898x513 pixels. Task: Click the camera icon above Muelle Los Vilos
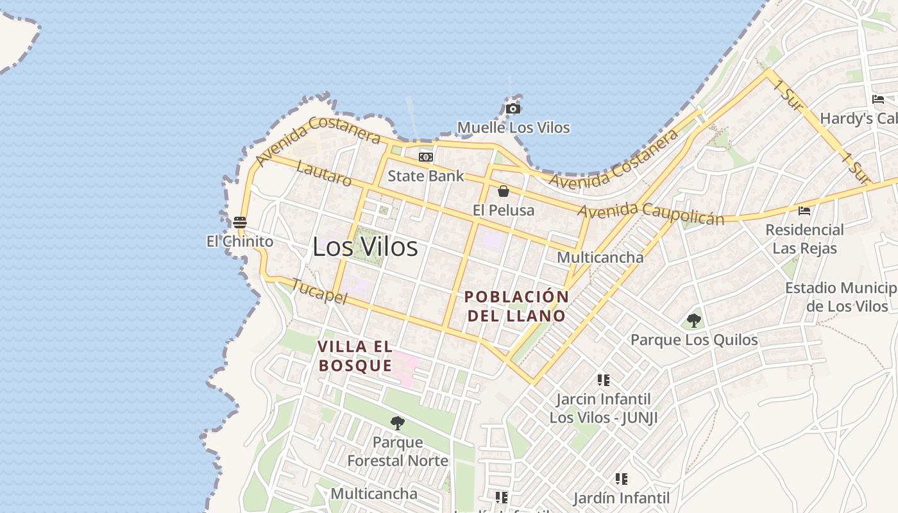pos(513,109)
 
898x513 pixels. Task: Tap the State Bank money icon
pos(425,157)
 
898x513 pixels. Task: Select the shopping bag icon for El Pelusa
pos(504,191)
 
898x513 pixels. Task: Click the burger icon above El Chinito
pos(240,223)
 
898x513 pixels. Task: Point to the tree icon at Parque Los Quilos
pos(693,320)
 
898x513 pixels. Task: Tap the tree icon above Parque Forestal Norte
pos(398,423)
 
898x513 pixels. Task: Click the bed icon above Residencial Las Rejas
pos(804,210)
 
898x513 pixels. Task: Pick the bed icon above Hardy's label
pos(878,99)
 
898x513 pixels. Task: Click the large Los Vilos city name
pos(365,247)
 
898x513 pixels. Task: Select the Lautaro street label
pos(325,174)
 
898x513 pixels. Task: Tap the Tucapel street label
pos(319,291)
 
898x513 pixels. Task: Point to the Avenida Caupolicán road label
pos(651,214)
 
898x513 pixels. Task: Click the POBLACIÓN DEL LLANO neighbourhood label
pos(516,306)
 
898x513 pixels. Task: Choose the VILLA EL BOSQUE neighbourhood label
pos(355,356)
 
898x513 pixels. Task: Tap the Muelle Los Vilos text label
pos(513,128)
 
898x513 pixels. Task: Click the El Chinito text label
pos(240,241)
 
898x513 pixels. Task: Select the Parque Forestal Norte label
pos(398,451)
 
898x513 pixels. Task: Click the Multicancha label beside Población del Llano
pos(600,257)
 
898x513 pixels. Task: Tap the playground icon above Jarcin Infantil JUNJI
pos(603,380)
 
